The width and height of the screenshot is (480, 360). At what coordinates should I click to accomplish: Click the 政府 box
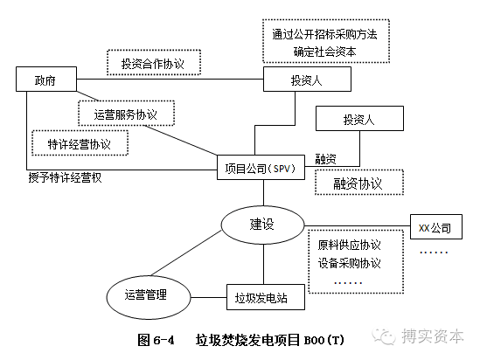tap(45, 81)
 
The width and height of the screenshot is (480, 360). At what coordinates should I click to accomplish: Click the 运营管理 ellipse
tap(146, 294)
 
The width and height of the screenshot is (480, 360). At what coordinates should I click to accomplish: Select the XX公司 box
tap(435, 229)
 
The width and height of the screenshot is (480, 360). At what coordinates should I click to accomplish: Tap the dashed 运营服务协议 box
tap(126, 114)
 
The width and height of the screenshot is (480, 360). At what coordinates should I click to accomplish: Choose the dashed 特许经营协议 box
tap(80, 142)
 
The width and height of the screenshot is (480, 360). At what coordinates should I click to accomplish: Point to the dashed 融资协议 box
tap(358, 183)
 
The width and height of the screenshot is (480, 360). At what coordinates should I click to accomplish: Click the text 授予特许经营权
tap(66, 178)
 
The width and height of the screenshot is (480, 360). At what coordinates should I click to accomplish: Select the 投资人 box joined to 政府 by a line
tap(307, 80)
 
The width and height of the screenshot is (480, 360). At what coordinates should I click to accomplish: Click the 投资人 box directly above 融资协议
tap(358, 120)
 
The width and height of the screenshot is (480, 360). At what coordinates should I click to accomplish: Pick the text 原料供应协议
tap(349, 244)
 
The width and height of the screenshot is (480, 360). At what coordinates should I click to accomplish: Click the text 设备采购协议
tap(349, 263)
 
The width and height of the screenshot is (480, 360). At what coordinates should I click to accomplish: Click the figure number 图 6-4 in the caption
tap(157, 339)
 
